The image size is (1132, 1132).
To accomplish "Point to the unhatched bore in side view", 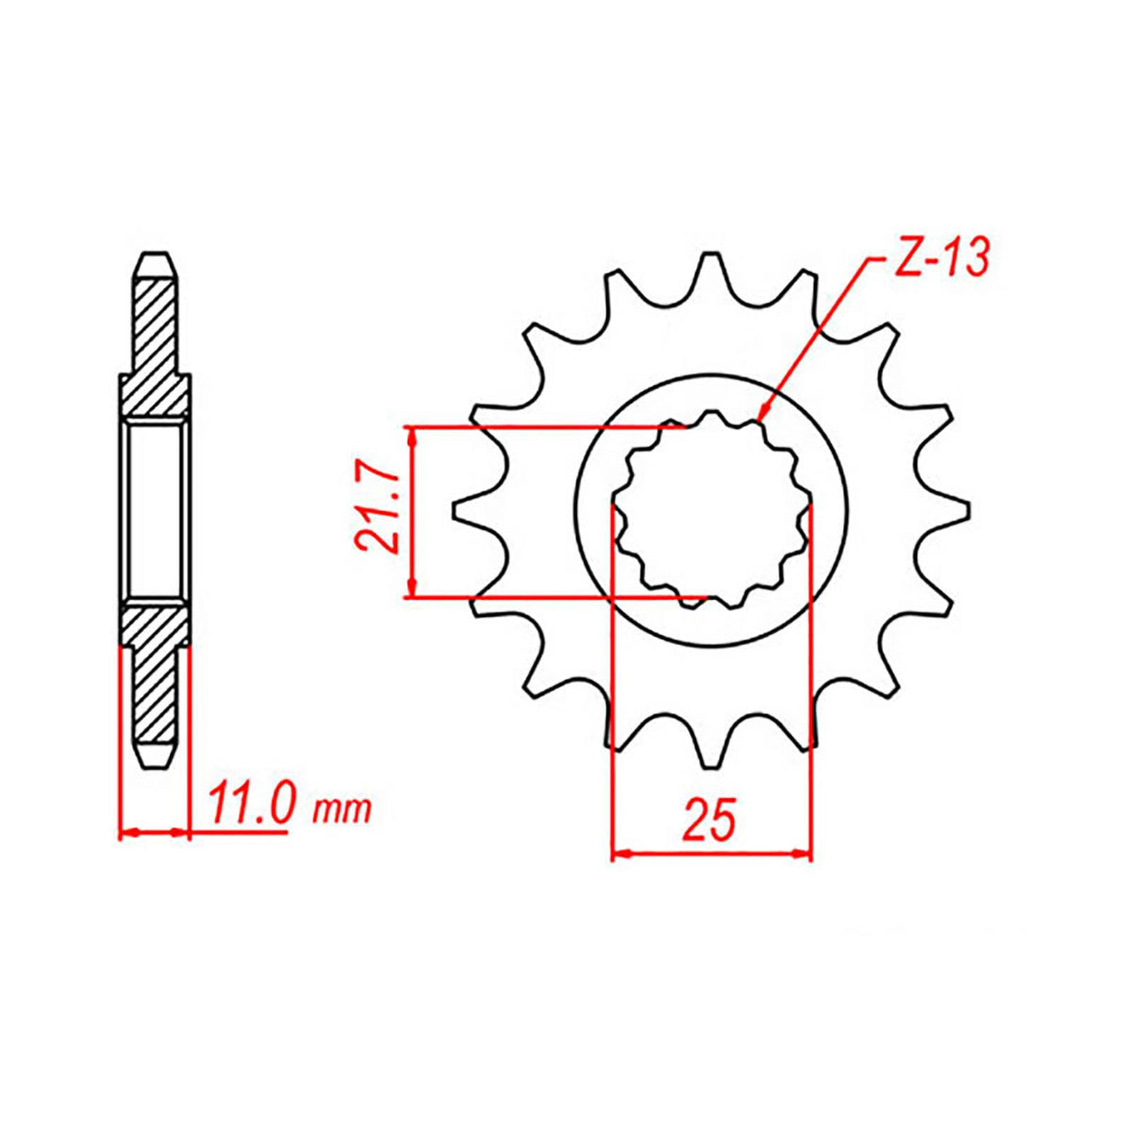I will click(157, 510).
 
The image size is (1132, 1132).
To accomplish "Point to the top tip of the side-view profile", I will click(157, 255).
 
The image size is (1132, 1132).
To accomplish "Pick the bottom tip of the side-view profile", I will click(157, 767).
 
